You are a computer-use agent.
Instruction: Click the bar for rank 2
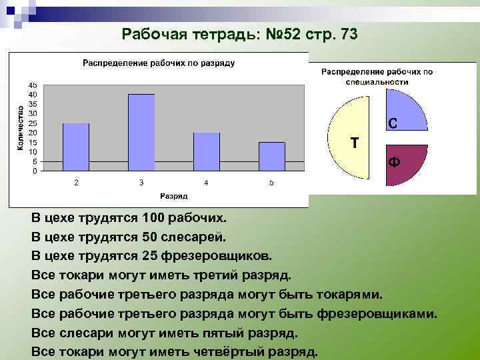76,147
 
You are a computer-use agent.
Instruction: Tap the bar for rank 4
207,151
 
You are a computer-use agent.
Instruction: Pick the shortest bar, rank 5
272,156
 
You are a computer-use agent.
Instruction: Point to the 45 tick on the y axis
33,85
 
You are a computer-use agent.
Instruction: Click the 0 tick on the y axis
35,171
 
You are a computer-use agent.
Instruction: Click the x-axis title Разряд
173,196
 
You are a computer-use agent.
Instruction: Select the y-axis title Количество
21,127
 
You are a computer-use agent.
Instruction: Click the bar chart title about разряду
158,63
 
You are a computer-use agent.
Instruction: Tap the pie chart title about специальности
377,76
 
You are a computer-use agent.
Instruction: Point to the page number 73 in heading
348,35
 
